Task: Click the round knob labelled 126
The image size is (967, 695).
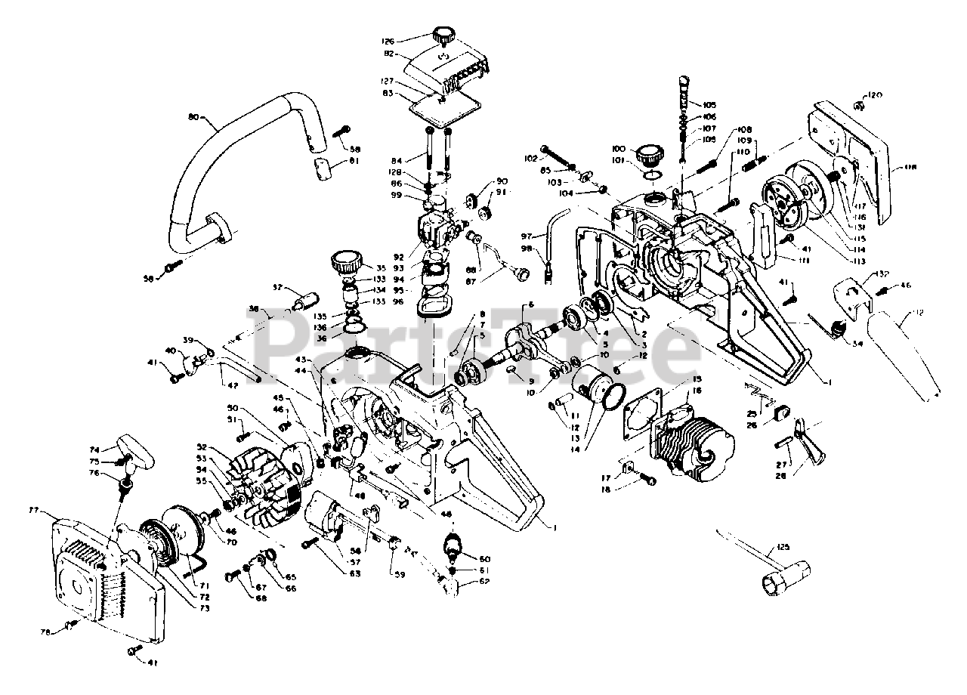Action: (442, 35)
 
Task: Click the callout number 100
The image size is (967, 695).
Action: (619, 150)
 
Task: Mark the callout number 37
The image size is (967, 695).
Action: (277, 288)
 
